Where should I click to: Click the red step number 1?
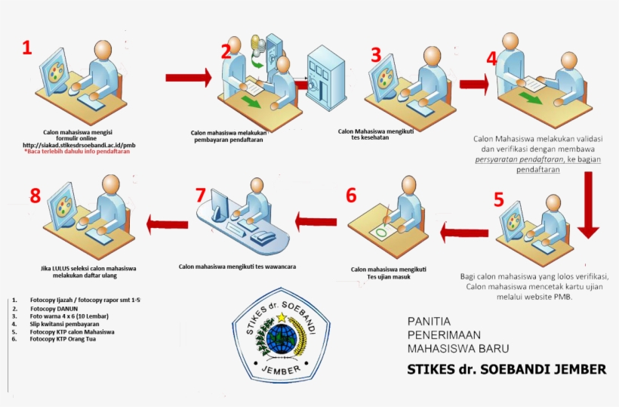(27, 48)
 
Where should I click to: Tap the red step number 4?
(491, 58)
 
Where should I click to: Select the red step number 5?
(498, 199)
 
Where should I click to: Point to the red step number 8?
(35, 196)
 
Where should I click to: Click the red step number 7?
(200, 194)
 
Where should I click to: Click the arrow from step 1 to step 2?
(189, 77)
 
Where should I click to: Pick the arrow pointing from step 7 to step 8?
(167, 221)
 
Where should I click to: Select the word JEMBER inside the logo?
(280, 369)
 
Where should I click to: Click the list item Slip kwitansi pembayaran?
(65, 324)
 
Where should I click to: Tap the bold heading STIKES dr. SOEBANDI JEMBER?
(507, 369)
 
